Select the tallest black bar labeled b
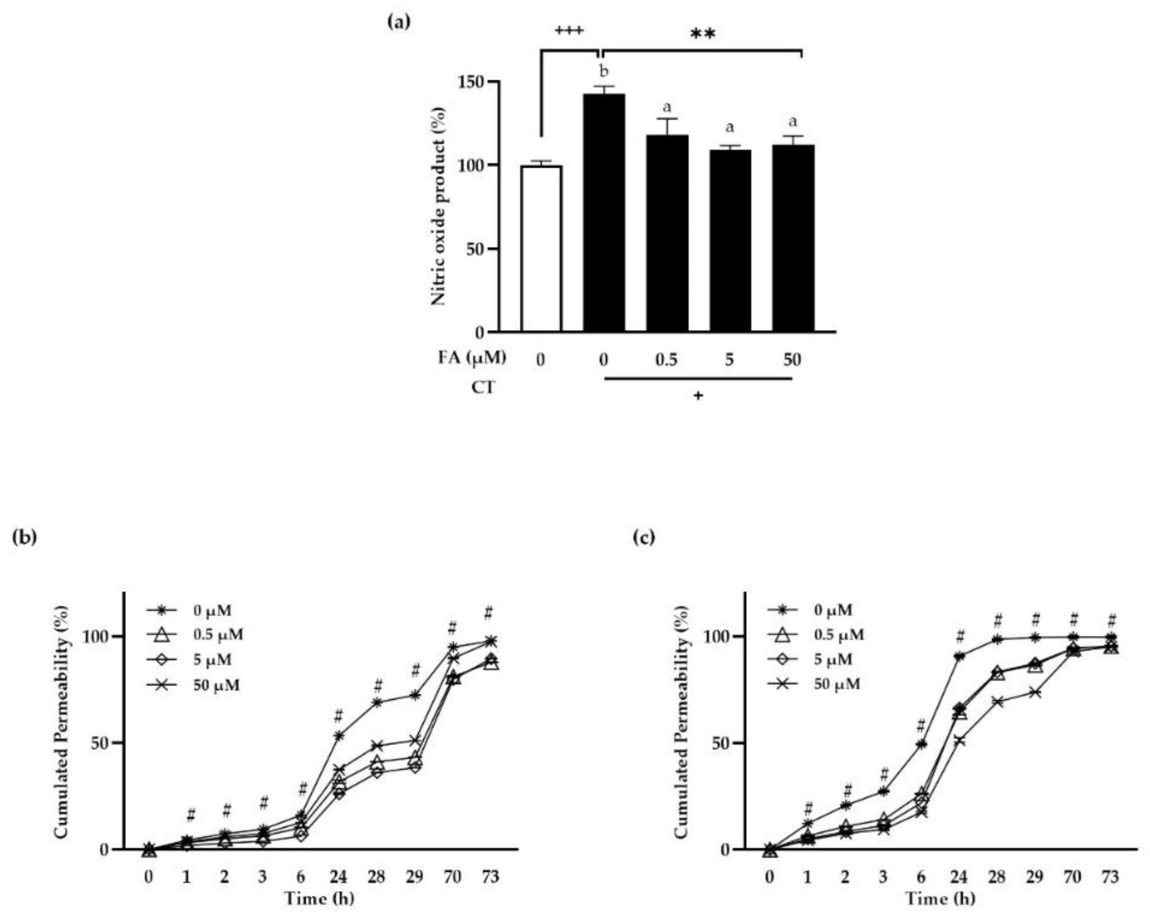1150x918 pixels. coord(604,213)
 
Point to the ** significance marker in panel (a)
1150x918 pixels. coord(703,35)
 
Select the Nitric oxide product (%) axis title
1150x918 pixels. coord(438,206)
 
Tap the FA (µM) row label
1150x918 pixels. coord(472,358)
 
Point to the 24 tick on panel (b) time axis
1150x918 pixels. coord(338,876)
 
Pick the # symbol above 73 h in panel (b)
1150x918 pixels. coord(489,613)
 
